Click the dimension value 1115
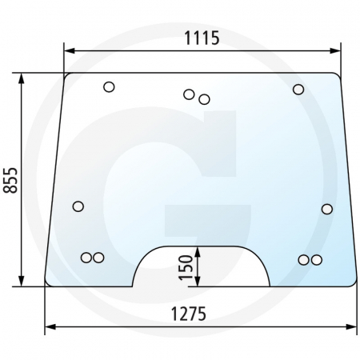tap(201, 38)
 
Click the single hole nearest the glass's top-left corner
tap(110, 87)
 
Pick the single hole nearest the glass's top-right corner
tap(298, 89)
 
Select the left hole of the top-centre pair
tap(189, 94)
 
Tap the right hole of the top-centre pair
tap(204, 99)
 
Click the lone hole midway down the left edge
tap(78, 206)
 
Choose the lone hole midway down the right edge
tap(326, 209)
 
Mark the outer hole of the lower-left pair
tap(86, 258)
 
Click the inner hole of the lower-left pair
tap(98, 258)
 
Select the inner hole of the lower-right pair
tap(303, 259)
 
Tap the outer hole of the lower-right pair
tap(316, 259)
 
